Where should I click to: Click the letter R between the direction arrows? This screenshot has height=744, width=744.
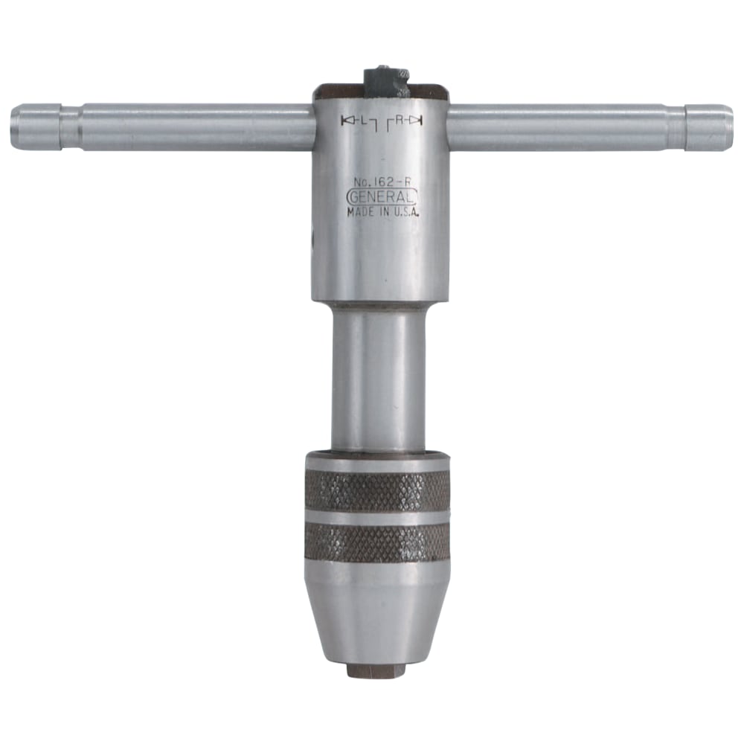(399, 121)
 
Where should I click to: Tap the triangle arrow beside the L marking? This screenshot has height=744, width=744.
(347, 121)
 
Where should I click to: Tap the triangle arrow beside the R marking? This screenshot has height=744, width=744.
(416, 121)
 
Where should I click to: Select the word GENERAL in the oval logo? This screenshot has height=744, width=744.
(382, 196)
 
